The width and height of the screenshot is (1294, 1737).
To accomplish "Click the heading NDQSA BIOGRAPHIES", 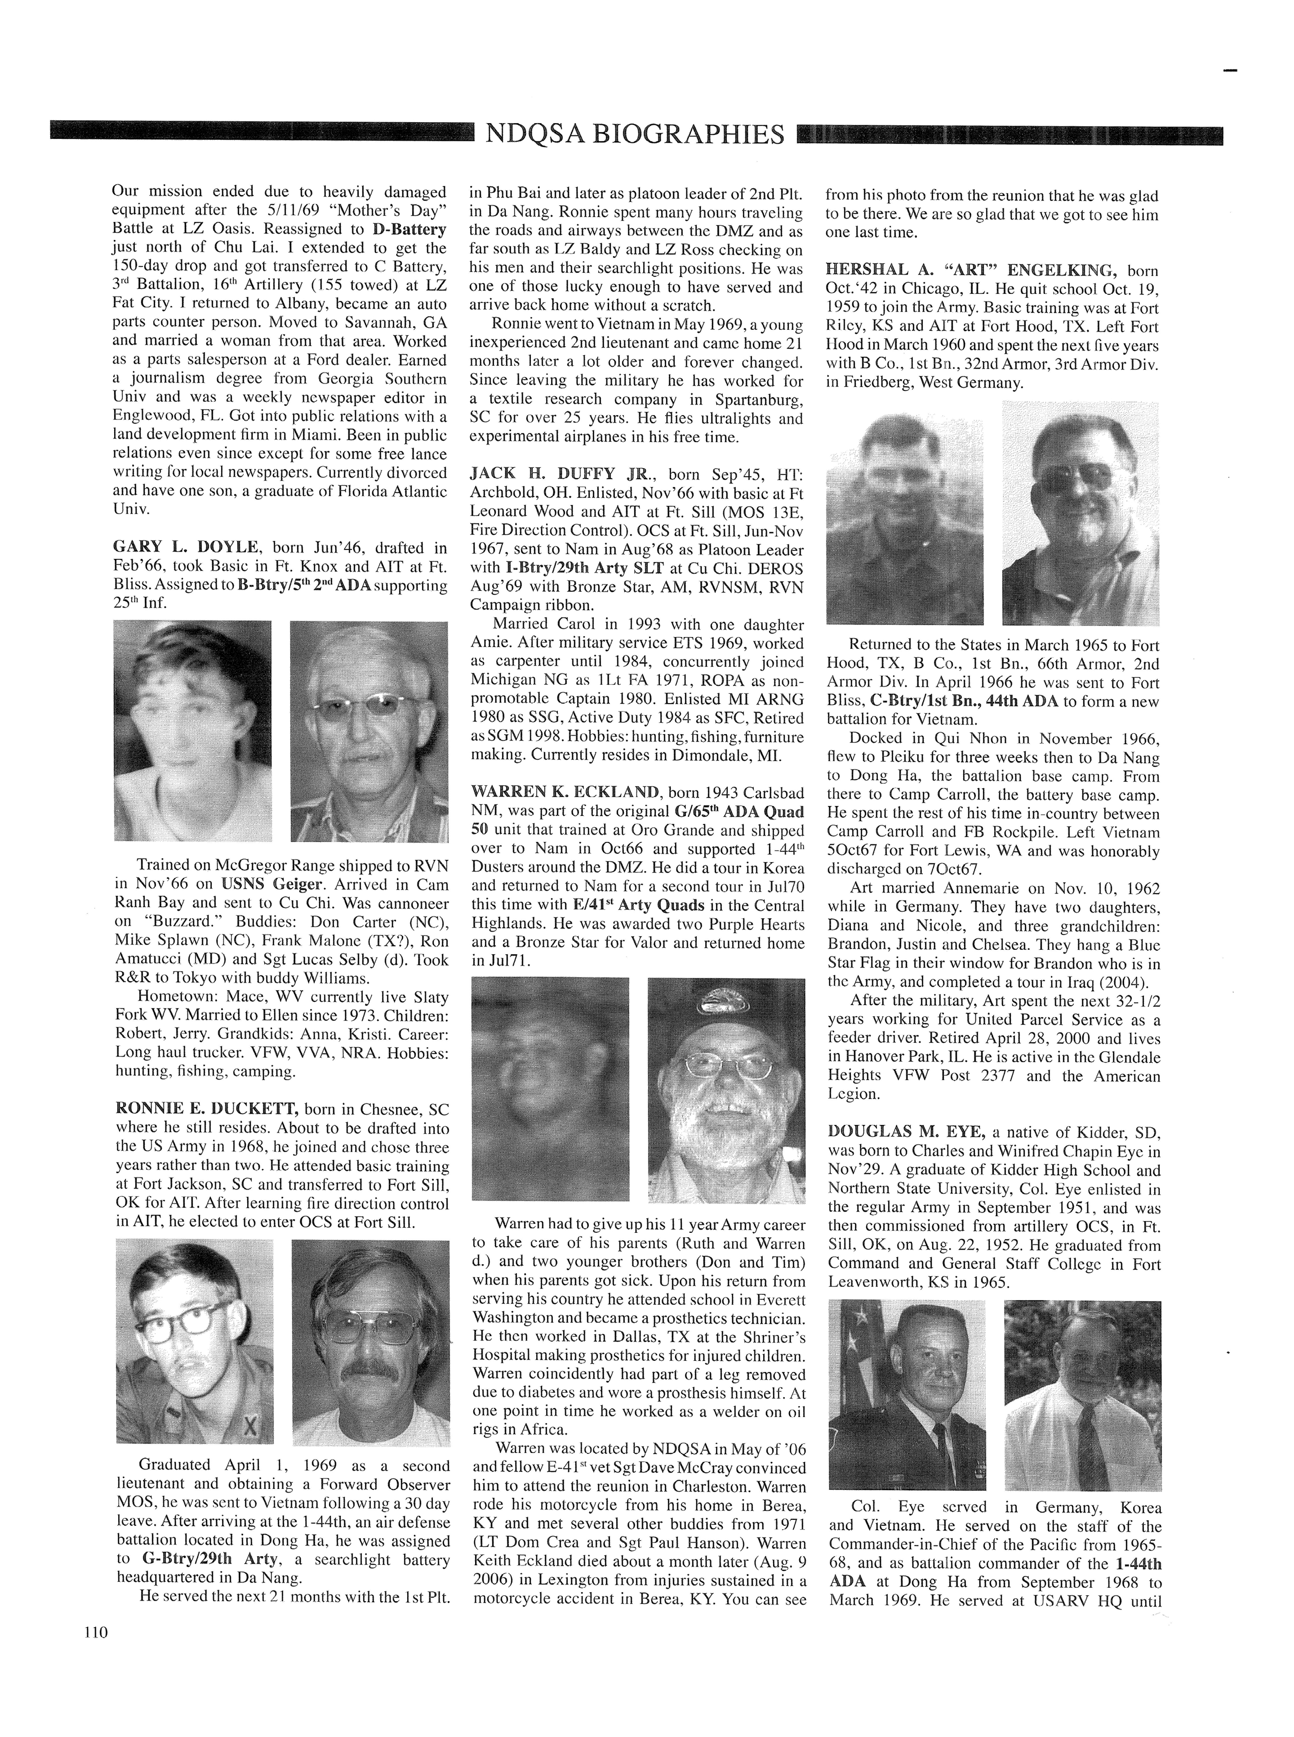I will (635, 135).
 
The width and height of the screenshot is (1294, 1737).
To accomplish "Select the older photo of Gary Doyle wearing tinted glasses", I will (369, 732).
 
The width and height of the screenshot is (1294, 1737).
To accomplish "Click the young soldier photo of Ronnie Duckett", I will (194, 1342).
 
